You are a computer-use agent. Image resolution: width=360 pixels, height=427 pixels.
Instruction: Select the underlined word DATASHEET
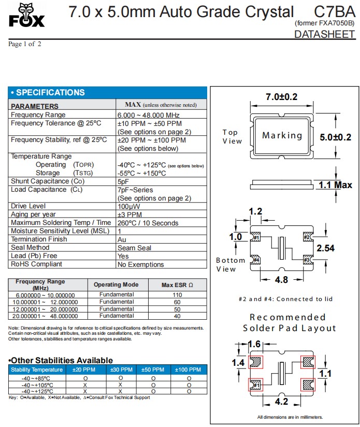click(324, 35)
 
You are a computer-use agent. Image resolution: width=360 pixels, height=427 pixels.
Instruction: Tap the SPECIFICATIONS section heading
click(48, 93)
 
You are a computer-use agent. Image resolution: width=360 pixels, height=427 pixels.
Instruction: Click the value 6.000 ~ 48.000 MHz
click(149, 115)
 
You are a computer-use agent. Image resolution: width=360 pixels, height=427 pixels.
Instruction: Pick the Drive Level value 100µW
click(129, 206)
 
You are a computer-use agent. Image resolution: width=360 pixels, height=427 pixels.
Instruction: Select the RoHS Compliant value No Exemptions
click(141, 264)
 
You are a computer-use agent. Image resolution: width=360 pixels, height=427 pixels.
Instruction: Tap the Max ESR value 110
click(177, 295)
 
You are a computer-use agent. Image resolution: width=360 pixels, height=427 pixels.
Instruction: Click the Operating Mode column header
click(116, 284)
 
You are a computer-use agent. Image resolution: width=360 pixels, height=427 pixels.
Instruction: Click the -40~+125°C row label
click(36, 391)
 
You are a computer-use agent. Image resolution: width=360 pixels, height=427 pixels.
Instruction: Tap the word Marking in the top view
click(282, 135)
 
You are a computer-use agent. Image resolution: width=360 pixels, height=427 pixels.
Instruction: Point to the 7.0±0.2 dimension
click(281, 97)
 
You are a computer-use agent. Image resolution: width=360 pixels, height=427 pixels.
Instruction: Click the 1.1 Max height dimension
click(335, 185)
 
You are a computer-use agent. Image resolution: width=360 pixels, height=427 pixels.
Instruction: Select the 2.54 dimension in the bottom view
click(325, 248)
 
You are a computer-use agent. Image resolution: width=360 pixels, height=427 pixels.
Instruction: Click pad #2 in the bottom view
click(307, 237)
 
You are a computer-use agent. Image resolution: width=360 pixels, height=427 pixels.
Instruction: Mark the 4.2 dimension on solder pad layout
click(281, 401)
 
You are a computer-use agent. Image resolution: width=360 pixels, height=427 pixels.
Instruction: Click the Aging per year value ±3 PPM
click(129, 215)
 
